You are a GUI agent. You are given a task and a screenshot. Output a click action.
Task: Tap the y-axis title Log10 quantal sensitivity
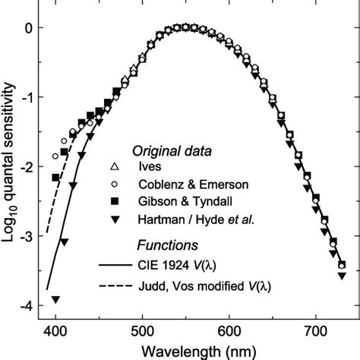[8, 163]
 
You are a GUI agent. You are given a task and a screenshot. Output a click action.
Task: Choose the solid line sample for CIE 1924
[115, 264]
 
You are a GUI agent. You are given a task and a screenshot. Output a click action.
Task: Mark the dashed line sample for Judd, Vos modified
[115, 286]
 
